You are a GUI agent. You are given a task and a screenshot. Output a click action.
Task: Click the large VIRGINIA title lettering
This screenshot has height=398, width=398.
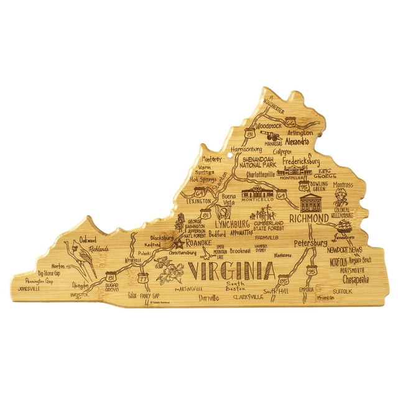click(x=231, y=271)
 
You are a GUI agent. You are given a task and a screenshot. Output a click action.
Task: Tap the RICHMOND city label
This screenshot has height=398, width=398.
click(x=309, y=219)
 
